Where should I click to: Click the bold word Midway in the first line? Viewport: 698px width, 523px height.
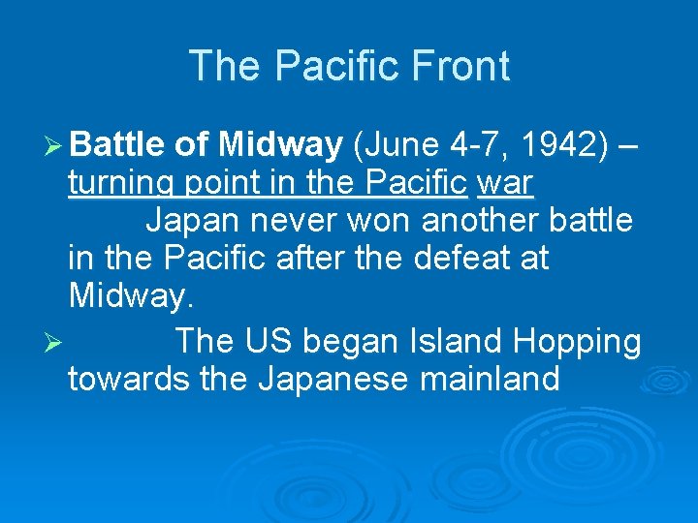click(x=280, y=144)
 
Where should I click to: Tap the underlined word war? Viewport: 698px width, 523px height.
click(x=506, y=182)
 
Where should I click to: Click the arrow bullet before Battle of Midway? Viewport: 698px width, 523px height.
click(x=54, y=146)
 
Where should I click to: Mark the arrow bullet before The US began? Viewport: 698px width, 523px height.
click(x=54, y=343)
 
